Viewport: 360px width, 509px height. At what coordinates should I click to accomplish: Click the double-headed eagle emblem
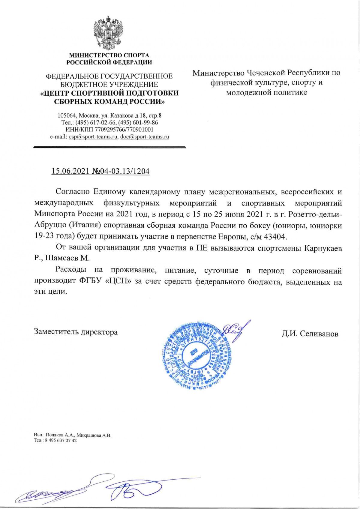tap(109, 33)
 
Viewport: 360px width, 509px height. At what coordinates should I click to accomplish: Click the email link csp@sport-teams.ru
tap(93, 137)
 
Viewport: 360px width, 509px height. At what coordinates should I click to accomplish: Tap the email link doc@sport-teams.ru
tap(144, 137)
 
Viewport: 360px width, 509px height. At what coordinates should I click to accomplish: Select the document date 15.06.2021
tap(69, 171)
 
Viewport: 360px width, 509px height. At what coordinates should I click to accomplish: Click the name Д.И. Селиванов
tap(310, 334)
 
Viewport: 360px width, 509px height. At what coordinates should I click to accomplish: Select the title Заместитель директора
tap(76, 332)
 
